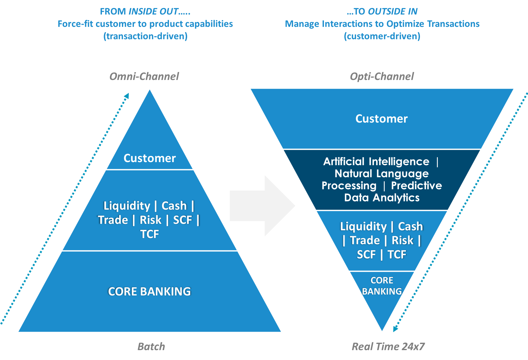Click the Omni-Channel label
point(144,76)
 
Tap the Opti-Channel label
point(382,76)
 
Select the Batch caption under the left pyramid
point(151,346)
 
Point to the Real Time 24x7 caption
point(388,346)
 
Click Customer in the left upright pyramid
point(150,158)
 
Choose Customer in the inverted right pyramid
point(381,119)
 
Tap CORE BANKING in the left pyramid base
point(149,291)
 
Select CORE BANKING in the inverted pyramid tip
point(382,286)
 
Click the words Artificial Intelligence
point(376,161)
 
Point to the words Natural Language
point(382,174)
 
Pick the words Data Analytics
point(382,198)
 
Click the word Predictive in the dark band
point(416,186)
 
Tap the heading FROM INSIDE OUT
point(145,11)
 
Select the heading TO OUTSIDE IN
point(382,11)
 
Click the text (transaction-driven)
point(145,36)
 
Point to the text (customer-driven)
point(382,36)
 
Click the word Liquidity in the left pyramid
point(127,206)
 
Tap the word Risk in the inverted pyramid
point(402,240)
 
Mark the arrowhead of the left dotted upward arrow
point(127,95)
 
